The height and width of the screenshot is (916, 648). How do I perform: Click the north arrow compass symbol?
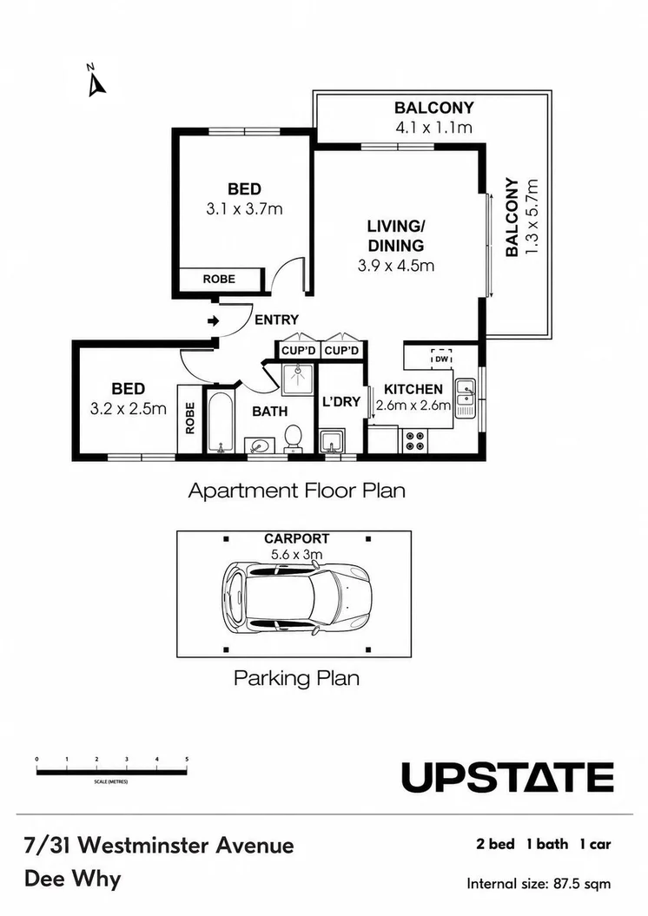pos(96,81)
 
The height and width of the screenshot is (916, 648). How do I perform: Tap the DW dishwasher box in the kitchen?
pos(441,359)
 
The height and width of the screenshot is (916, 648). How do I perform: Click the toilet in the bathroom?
pos(293,438)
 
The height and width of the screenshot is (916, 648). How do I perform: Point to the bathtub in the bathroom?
pos(221,422)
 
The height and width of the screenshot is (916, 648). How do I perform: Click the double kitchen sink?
pos(466,398)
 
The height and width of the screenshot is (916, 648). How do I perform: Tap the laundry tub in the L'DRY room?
pos(332,441)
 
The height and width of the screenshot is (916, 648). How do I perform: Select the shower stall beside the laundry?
pos(298,379)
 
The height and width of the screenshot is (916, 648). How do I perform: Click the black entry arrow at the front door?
pos(214,320)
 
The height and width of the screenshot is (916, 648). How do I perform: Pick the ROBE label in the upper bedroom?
pos(219,280)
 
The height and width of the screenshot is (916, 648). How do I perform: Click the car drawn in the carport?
pos(297,597)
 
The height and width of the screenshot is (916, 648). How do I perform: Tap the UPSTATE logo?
pos(507,778)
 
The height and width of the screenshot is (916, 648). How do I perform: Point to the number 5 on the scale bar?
pos(187,759)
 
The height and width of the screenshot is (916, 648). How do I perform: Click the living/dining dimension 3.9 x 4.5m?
pos(396,266)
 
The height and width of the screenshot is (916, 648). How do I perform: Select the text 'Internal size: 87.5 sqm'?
pos(539,884)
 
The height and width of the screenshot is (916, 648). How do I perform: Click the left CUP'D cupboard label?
pos(299,351)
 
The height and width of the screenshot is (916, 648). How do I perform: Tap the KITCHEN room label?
pos(413,389)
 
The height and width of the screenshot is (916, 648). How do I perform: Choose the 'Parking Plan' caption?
pos(296,678)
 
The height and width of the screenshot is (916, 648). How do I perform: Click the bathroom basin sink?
pos(258,445)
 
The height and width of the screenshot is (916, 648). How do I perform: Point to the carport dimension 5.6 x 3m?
pos(296,555)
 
